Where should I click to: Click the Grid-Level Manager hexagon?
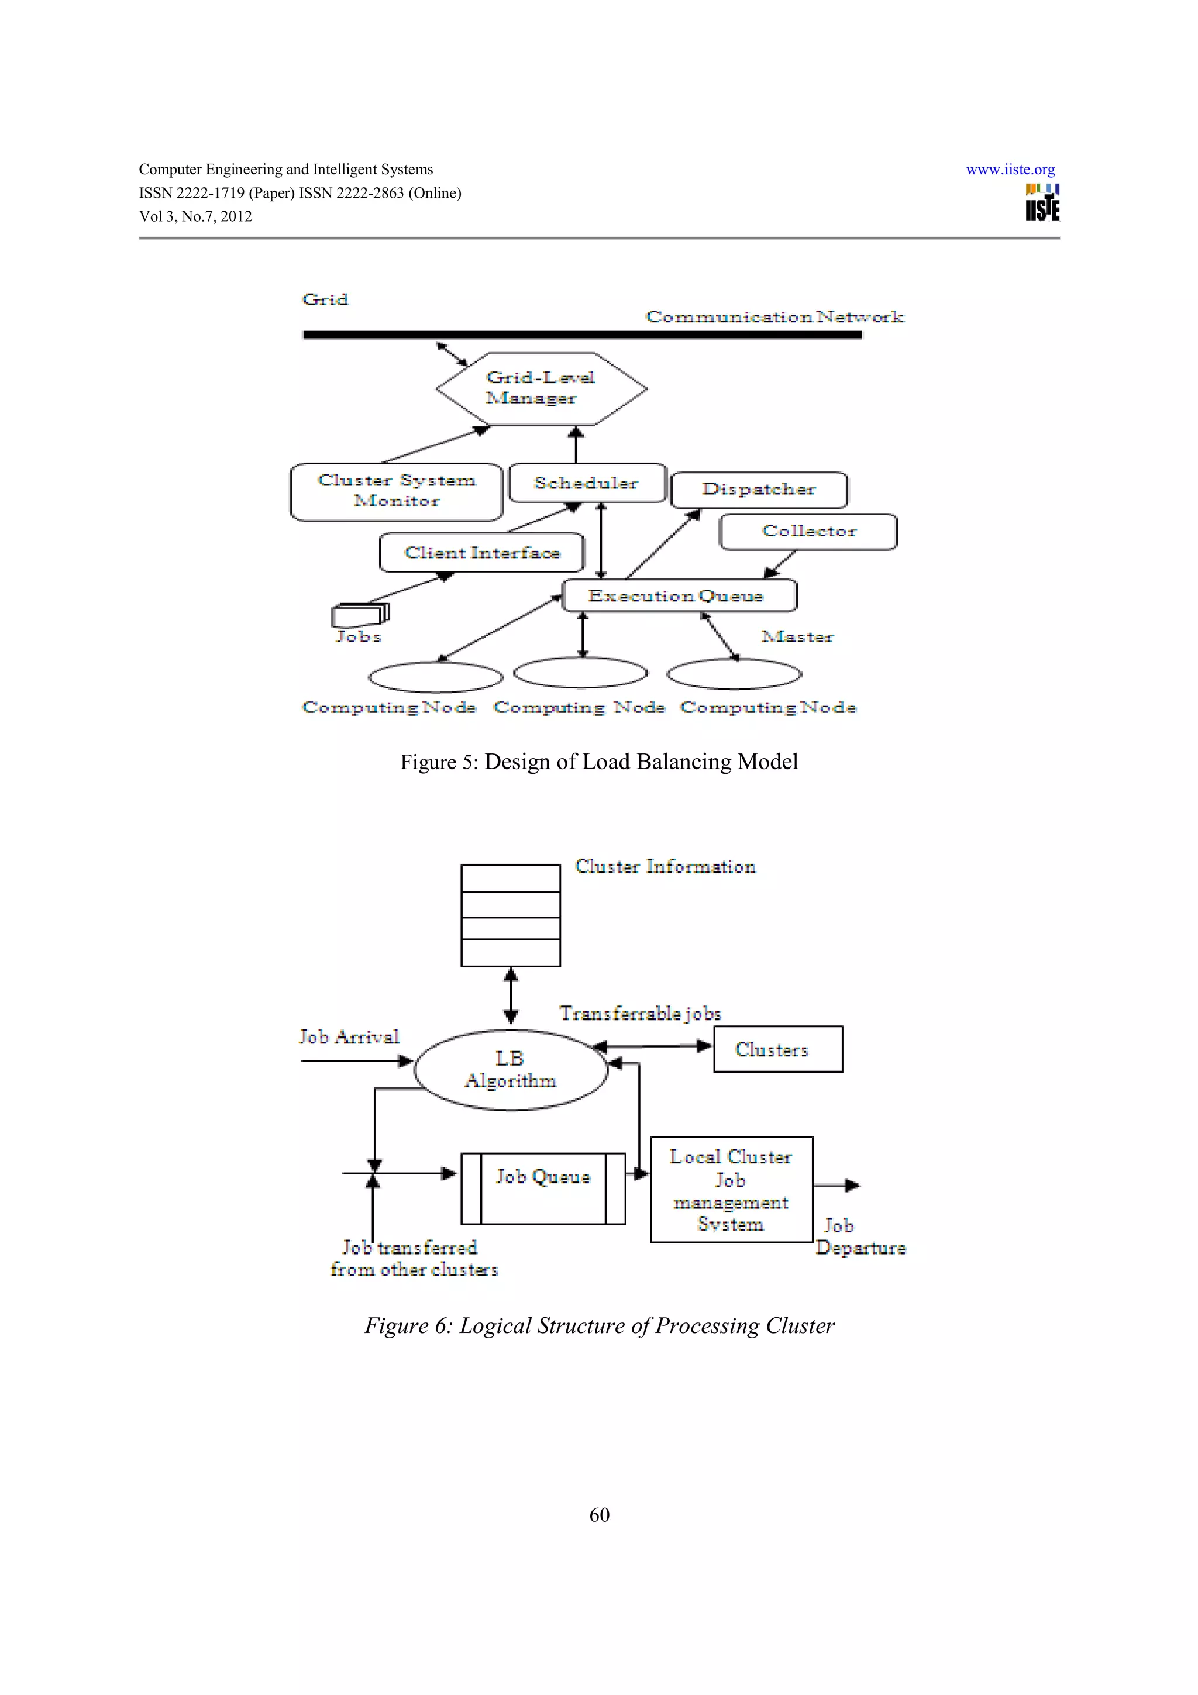click(x=541, y=388)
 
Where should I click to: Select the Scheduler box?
click(x=587, y=483)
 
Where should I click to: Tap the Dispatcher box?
click(x=759, y=490)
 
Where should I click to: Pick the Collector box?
click(x=808, y=532)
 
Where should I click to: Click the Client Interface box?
click(x=482, y=552)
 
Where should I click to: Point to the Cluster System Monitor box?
click(x=397, y=491)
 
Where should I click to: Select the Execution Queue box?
click(x=679, y=595)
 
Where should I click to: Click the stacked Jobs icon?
click(x=360, y=614)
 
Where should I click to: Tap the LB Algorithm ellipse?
click(x=511, y=1069)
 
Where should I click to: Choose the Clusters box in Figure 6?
click(x=777, y=1049)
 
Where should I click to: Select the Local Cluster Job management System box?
click(x=731, y=1189)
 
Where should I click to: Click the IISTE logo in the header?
click(x=1041, y=202)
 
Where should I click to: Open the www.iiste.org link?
click(x=1010, y=170)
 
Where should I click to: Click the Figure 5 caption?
click(x=598, y=761)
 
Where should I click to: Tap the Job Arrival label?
click(x=349, y=1036)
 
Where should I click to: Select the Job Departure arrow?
click(x=837, y=1186)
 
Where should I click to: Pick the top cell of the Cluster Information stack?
click(x=510, y=878)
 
